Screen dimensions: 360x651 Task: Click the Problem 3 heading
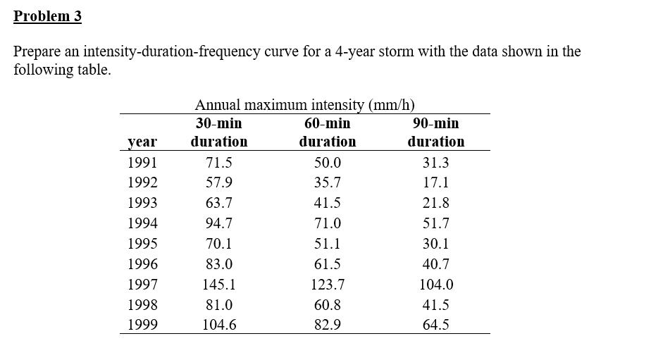(48, 16)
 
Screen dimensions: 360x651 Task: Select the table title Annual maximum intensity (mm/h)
(304, 105)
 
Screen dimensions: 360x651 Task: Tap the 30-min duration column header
(219, 132)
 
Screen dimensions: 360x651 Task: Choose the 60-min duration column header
(328, 132)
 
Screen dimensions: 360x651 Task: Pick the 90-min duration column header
(436, 132)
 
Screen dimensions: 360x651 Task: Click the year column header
(143, 142)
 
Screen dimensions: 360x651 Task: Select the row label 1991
(143, 162)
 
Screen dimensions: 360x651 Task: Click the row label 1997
(143, 285)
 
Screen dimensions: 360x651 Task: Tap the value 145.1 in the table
(219, 285)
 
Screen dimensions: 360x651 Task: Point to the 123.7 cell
(328, 285)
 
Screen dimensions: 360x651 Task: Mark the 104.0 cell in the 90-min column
(436, 285)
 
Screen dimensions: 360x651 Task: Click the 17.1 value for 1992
(436, 182)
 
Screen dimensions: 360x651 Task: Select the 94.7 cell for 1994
(219, 223)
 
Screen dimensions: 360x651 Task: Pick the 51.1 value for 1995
(328, 244)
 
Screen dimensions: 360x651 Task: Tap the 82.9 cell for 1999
(328, 325)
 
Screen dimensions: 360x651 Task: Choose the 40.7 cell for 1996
(436, 264)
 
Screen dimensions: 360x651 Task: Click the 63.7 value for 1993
(219, 203)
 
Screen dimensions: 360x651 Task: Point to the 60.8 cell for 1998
(328, 305)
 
